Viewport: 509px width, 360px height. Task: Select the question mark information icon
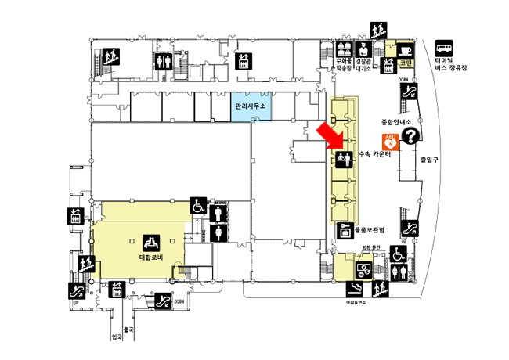410,137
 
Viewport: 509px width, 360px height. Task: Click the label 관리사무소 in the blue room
251,106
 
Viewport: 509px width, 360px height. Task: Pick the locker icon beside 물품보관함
342,230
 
